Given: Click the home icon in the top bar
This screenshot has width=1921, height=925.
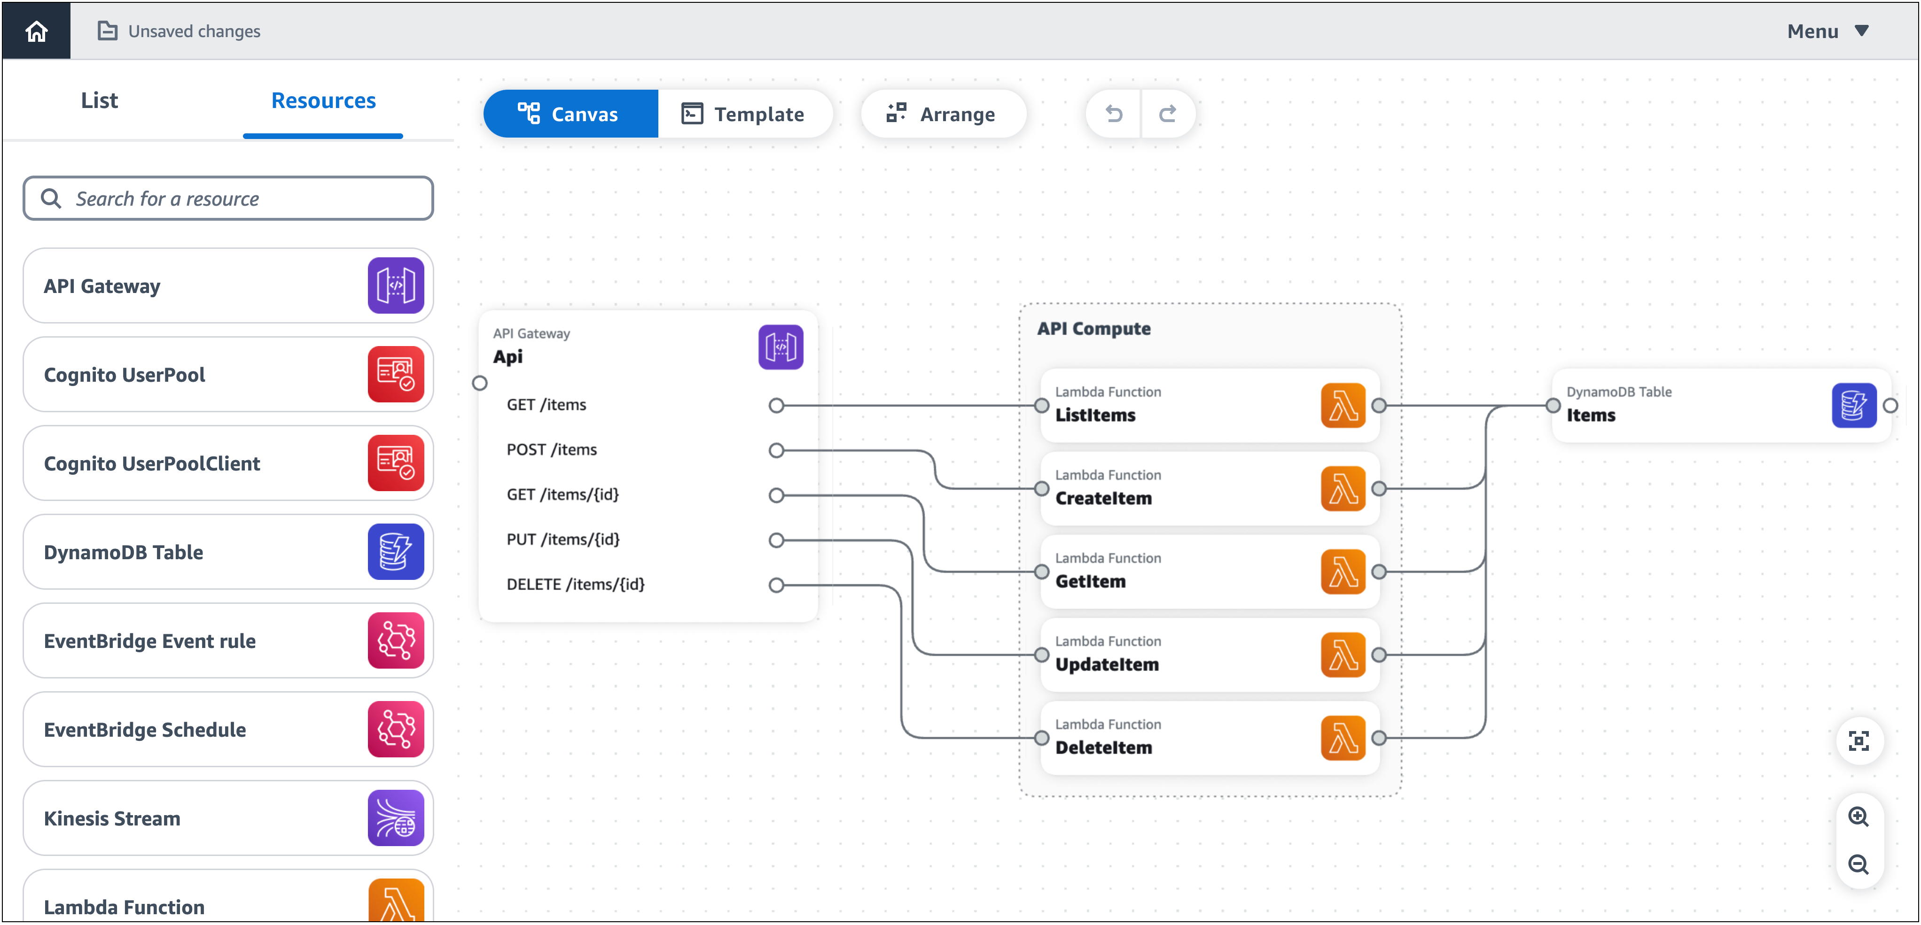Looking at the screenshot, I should point(36,31).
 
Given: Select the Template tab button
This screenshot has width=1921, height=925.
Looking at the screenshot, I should point(743,114).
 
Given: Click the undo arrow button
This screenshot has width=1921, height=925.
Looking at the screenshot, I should point(1113,114).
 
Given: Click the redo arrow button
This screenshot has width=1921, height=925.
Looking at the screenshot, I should point(1167,114).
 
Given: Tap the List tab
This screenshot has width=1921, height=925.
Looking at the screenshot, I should point(99,100).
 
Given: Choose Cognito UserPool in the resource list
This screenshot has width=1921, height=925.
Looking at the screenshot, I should point(227,374).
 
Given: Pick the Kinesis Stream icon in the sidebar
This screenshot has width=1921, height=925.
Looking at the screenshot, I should point(395,817).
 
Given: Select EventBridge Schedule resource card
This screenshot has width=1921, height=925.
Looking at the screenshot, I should point(227,729).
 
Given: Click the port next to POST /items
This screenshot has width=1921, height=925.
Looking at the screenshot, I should point(776,450).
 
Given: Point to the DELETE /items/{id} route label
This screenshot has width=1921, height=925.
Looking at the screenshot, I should point(575,585).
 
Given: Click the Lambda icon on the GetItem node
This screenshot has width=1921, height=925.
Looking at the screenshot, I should point(1343,572).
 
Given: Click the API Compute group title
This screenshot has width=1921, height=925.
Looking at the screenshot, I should point(1093,329).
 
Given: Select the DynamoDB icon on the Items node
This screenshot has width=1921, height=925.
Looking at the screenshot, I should point(1853,406).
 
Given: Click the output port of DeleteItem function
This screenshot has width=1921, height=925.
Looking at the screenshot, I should point(1379,738).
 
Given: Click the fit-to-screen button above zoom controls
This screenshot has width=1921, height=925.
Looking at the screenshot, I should point(1859,741).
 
